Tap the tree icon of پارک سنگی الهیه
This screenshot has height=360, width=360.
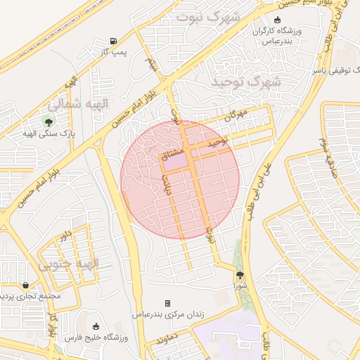pos(49,123)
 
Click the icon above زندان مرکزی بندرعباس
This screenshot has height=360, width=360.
pos(167,303)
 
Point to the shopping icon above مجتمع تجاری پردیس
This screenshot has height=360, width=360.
pos(25,285)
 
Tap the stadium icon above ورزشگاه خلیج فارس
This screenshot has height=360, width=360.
pos(96,328)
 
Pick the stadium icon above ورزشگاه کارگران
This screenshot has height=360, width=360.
pos(276,20)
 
